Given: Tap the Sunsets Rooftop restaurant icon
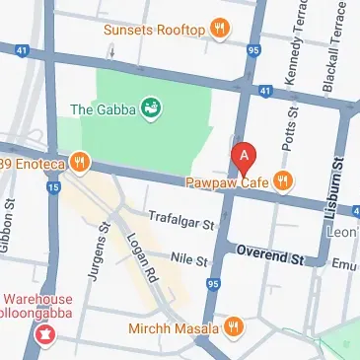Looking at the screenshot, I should [221, 30].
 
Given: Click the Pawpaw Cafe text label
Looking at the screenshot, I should [227, 180].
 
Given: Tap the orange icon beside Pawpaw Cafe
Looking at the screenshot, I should [283, 180].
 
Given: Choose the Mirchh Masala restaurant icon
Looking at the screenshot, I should [234, 324].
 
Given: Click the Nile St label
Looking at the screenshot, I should [188, 261].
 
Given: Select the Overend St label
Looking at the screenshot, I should [270, 257].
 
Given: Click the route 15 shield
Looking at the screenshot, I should [53, 185].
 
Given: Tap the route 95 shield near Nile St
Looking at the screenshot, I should [214, 285].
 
